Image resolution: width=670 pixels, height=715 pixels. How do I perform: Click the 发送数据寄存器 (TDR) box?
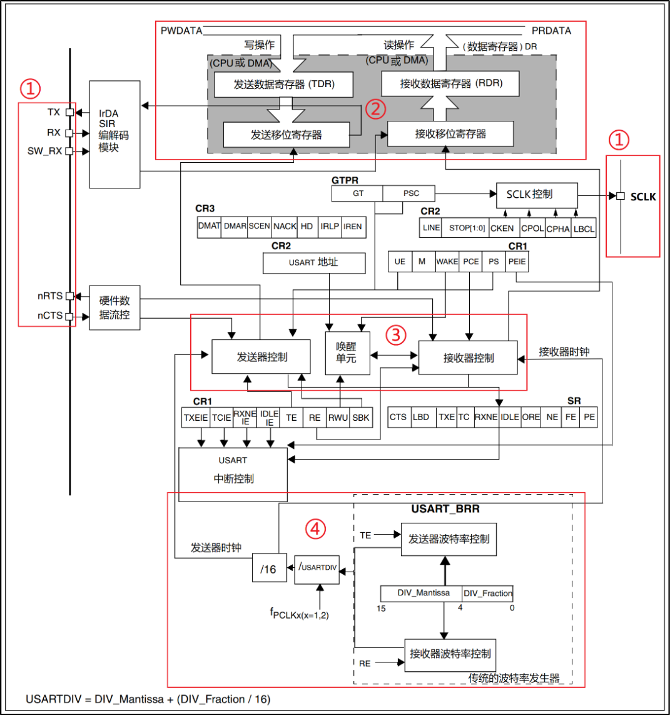[x=284, y=84]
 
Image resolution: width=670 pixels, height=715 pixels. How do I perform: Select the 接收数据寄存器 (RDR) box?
[x=450, y=83]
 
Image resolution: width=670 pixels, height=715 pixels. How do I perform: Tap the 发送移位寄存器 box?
[x=286, y=135]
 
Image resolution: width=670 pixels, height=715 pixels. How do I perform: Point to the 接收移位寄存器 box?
[x=450, y=133]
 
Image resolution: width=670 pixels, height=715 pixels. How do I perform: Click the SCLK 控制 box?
[x=537, y=195]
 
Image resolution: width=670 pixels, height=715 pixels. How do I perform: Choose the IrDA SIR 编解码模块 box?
[x=114, y=134]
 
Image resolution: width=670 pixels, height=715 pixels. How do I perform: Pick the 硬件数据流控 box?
[x=114, y=307]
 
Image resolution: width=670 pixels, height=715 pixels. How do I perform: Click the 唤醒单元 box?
[x=348, y=352]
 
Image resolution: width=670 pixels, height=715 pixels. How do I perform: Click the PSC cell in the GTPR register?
[x=411, y=194]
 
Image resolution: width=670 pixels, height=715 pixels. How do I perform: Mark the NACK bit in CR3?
[x=285, y=227]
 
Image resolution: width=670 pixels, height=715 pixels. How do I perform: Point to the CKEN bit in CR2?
[x=502, y=229]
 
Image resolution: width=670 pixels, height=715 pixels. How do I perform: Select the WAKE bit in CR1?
[x=447, y=261]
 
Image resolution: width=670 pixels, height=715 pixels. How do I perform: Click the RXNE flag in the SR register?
[x=485, y=417]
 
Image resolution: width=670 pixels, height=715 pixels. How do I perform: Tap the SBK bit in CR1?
[x=360, y=418]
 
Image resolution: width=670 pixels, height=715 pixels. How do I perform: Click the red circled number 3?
[x=395, y=336]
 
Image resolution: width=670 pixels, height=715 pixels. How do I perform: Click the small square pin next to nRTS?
[x=71, y=296]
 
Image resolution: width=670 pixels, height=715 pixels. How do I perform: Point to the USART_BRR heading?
[x=445, y=509]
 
